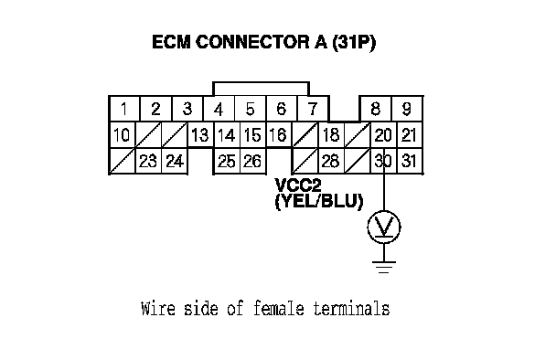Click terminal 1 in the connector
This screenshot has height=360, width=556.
124,109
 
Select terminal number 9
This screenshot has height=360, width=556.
407,109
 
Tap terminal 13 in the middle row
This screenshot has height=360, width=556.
200,134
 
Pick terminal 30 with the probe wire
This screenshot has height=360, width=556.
383,161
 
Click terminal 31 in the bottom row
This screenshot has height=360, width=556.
409,161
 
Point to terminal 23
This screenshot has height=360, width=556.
148,161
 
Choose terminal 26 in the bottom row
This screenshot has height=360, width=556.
252,161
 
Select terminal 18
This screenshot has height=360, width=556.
331,134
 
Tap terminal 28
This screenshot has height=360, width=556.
331,161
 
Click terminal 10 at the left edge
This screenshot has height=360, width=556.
123,134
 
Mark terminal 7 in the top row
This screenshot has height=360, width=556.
313,109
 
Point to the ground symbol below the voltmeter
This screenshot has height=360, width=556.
384,267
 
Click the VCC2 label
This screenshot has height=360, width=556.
298,185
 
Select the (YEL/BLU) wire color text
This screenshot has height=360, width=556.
319,202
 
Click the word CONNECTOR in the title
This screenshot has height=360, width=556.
252,42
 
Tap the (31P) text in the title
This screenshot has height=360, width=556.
354,43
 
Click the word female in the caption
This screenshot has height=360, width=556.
279,308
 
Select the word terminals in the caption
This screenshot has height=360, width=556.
351,308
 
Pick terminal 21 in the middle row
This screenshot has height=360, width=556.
409,134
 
